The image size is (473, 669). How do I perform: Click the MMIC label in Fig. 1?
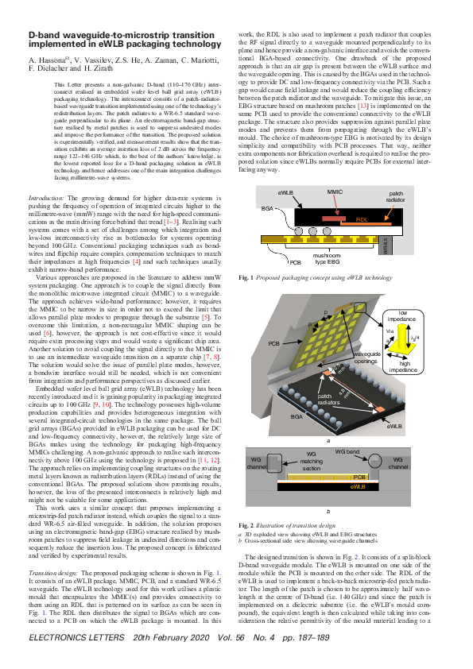335,191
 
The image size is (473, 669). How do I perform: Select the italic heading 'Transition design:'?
54,573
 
